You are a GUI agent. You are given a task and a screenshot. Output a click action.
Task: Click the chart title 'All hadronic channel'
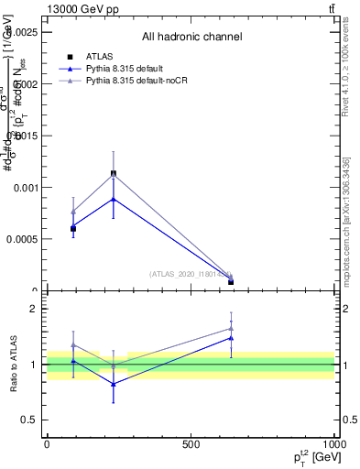pos(191,37)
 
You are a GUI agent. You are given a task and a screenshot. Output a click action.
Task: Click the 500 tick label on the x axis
pos(191,443)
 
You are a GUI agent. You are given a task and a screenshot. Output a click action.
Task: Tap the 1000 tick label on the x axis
pos(333,443)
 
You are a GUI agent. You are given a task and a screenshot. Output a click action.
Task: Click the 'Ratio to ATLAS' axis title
pos(15,364)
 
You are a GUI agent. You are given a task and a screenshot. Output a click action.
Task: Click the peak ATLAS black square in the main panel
pos(114,173)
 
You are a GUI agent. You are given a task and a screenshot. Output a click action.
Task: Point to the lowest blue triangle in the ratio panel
pos(114,384)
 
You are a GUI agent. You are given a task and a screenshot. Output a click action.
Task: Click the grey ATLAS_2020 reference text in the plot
pos(191,274)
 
